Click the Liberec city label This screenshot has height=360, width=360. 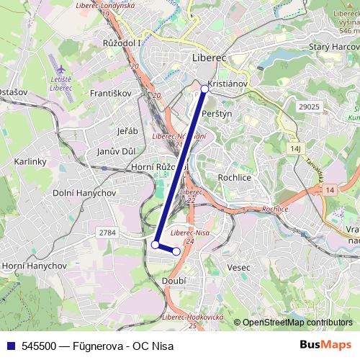(x=210, y=57)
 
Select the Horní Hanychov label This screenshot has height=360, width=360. (x=34, y=266)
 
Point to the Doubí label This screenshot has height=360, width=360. (x=174, y=279)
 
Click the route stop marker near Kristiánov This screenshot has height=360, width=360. (x=204, y=89)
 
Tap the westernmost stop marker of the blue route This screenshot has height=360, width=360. (x=155, y=245)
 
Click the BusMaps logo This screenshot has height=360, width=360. (x=325, y=345)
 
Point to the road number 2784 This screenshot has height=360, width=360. (x=108, y=232)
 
